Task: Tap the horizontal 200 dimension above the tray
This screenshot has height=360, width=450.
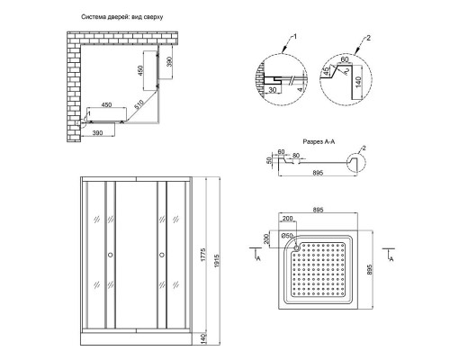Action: (287, 218)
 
